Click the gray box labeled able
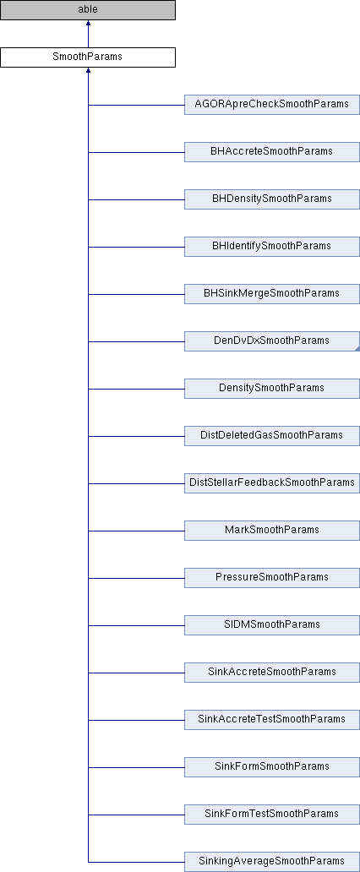(88, 10)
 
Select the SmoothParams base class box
(88, 57)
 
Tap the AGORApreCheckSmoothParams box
(272, 105)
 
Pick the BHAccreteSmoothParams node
(272, 152)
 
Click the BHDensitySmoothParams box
(272, 199)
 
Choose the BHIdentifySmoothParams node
(272, 247)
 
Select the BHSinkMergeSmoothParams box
(272, 294)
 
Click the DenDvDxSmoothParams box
(272, 341)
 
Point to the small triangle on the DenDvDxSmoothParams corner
(357, 349)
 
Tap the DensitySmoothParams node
(272, 388)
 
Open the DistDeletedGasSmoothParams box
(272, 435)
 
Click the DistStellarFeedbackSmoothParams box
(272, 482)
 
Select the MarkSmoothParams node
(272, 530)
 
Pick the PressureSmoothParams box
(272, 577)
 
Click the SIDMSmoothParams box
(272, 624)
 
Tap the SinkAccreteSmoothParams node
(272, 672)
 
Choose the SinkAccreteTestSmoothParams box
(272, 719)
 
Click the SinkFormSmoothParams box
(272, 766)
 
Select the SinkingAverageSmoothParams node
(272, 861)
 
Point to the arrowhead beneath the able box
(88, 24)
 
